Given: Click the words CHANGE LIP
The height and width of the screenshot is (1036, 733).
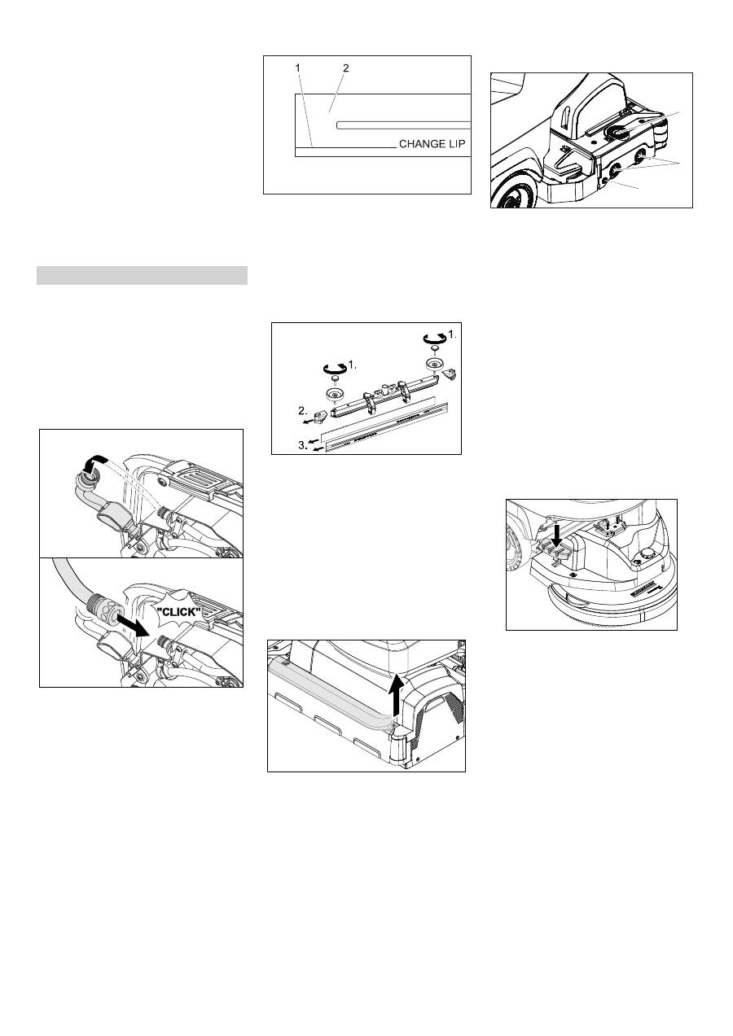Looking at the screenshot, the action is click(x=432, y=144).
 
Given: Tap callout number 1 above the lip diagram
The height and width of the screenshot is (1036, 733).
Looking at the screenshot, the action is click(x=298, y=68).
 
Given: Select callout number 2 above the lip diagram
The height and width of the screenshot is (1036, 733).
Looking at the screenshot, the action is click(x=345, y=68).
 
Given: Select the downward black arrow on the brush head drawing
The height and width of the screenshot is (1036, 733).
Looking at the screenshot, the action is click(x=557, y=534).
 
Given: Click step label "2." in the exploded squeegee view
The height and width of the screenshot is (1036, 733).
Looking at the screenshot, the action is click(x=303, y=410).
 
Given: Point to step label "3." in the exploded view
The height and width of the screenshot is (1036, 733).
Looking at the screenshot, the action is click(x=303, y=445).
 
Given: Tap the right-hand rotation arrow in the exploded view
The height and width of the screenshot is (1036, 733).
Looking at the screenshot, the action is click(x=435, y=339).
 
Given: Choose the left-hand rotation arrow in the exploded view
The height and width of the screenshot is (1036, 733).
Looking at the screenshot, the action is click(x=335, y=369).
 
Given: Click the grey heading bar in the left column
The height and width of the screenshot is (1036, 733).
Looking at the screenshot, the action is click(x=142, y=275).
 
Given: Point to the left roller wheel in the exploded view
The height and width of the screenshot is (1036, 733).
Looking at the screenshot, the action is click(x=335, y=395).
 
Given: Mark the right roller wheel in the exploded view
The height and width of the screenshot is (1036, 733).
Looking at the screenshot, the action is click(x=435, y=364).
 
